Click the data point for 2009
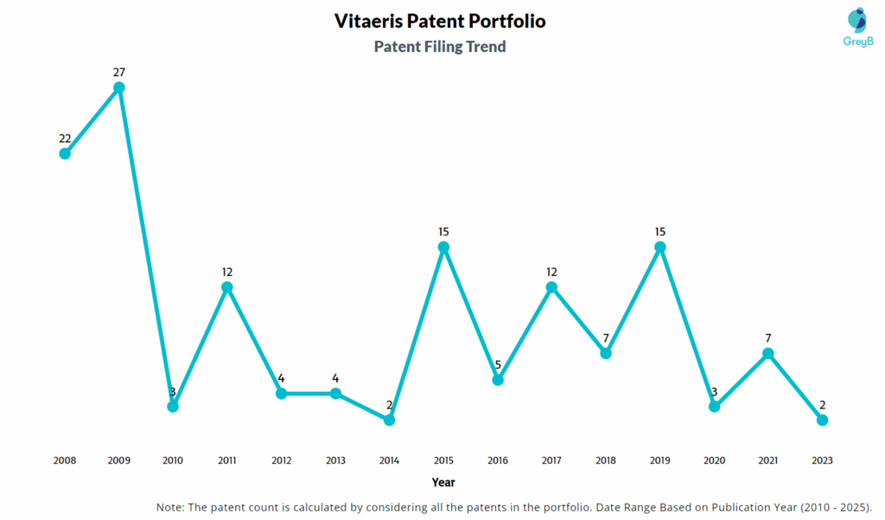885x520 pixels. click(119, 87)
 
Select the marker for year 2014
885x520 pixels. click(389, 420)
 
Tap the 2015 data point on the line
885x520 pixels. click(443, 247)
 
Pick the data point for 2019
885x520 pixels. click(660, 247)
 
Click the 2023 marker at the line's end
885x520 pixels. click(822, 420)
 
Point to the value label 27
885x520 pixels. click(119, 72)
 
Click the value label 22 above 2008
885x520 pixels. click(65, 138)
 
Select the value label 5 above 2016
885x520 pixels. click(498, 364)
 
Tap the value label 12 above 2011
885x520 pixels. click(227, 272)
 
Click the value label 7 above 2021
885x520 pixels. click(767, 337)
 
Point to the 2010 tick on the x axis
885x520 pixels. click(173, 460)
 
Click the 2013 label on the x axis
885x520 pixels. click(335, 460)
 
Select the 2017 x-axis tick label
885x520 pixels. click(551, 460)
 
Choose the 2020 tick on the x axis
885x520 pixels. click(714, 460)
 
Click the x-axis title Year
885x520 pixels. click(443, 482)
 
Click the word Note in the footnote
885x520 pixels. click(170, 507)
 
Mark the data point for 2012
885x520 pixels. click(281, 394)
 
